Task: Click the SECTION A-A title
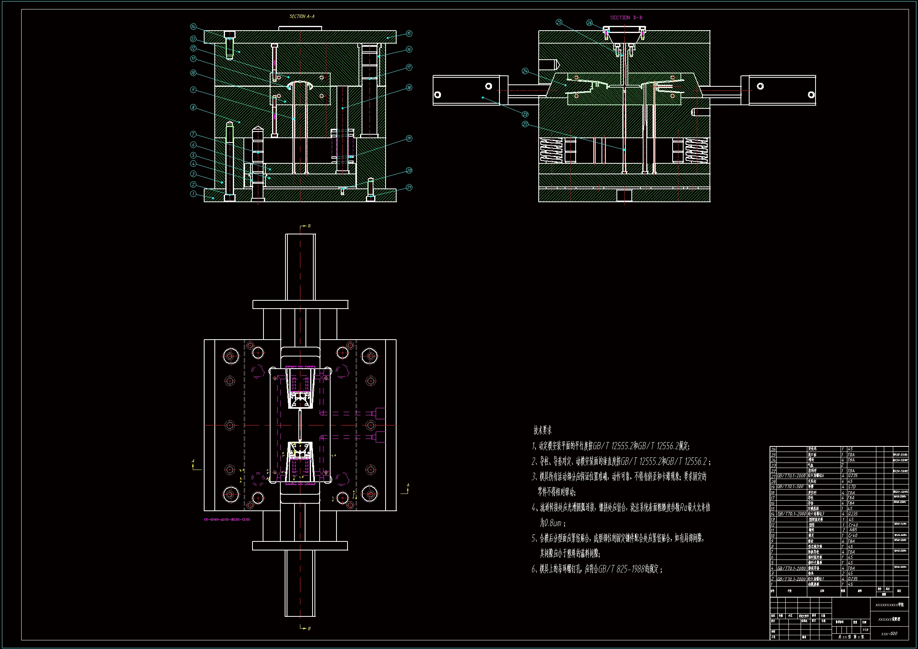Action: coord(302,16)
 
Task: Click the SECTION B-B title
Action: coord(626,18)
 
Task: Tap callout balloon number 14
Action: coord(193,27)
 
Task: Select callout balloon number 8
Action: coord(193,107)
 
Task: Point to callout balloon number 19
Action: coord(409,138)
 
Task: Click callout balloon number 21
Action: coord(409,187)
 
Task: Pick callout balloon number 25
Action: coord(559,22)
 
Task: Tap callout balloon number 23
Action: coord(525,114)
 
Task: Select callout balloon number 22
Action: coord(525,124)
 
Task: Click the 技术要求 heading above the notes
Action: coord(543,430)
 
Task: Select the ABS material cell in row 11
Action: coord(853,530)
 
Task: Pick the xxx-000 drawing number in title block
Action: coord(889,633)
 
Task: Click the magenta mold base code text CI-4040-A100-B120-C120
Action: coord(227,519)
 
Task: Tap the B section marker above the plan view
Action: coord(309,226)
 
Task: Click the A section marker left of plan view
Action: coord(193,461)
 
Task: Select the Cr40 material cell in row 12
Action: coord(853,525)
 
